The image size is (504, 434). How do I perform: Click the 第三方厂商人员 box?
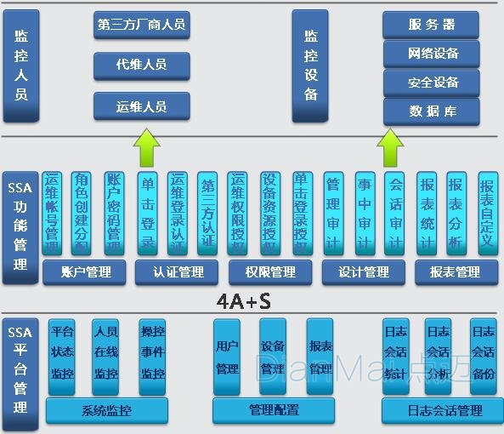[x=141, y=25]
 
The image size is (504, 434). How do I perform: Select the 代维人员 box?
[x=141, y=66]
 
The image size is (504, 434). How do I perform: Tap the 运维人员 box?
[x=141, y=106]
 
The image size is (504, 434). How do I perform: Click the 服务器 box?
[x=431, y=25]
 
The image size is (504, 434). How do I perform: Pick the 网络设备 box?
[x=431, y=54]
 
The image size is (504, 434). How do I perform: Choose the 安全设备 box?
[x=431, y=83]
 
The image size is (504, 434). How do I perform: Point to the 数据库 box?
[x=431, y=111]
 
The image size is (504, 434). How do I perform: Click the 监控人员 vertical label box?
[x=21, y=66]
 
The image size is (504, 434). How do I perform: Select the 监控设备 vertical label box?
[x=310, y=66]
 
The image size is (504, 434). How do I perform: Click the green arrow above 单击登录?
[x=146, y=147]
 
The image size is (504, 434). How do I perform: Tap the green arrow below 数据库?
[x=391, y=147]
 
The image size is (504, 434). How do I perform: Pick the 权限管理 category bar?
[x=271, y=272]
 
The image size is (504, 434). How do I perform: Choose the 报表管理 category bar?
[x=456, y=272]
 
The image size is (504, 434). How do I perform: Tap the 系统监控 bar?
[x=106, y=410]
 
